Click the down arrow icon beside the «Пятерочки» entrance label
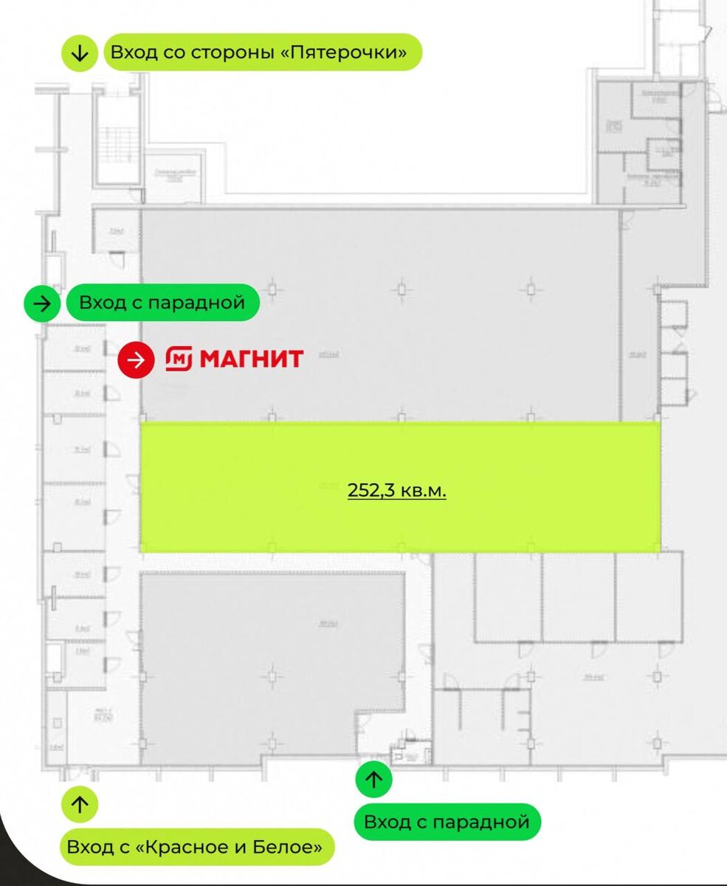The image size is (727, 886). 80,53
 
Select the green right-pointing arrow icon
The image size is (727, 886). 43,303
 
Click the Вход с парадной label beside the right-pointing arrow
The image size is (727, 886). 162,303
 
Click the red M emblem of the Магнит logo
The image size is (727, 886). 179,360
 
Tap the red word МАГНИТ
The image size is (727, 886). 252,360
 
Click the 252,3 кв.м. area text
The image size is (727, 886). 397,490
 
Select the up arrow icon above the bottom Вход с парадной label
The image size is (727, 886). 374,780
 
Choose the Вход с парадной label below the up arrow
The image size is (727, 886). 447,822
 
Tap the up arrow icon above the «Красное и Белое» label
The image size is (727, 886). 80,805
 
